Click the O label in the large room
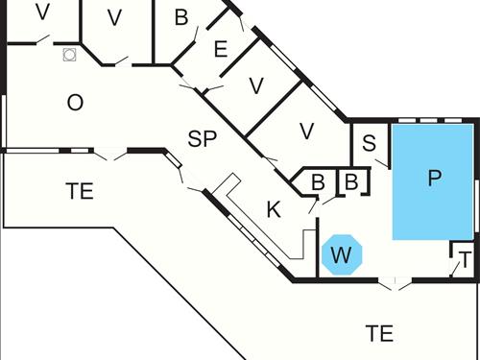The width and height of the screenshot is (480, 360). tap(76, 103)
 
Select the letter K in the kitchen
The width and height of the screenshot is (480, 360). tap(274, 209)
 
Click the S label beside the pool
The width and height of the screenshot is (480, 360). tap(369, 145)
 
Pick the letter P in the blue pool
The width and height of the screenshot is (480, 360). tap(434, 179)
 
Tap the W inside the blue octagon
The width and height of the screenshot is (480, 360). tap(341, 255)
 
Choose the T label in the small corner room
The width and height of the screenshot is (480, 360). tap(465, 260)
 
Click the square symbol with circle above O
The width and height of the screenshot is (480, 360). tap(69, 55)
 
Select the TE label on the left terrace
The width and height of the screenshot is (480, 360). tap(80, 191)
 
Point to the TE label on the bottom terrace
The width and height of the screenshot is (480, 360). tap(380, 333)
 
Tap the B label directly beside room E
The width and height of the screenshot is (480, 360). tap(181, 17)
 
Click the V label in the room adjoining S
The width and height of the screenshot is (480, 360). tap(307, 131)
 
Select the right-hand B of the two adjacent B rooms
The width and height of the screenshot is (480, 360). tap(350, 181)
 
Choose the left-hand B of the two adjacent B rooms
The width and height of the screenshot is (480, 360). tap(319, 181)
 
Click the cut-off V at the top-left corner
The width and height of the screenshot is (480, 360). tap(41, 12)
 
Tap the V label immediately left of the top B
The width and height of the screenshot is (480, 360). tap(115, 17)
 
